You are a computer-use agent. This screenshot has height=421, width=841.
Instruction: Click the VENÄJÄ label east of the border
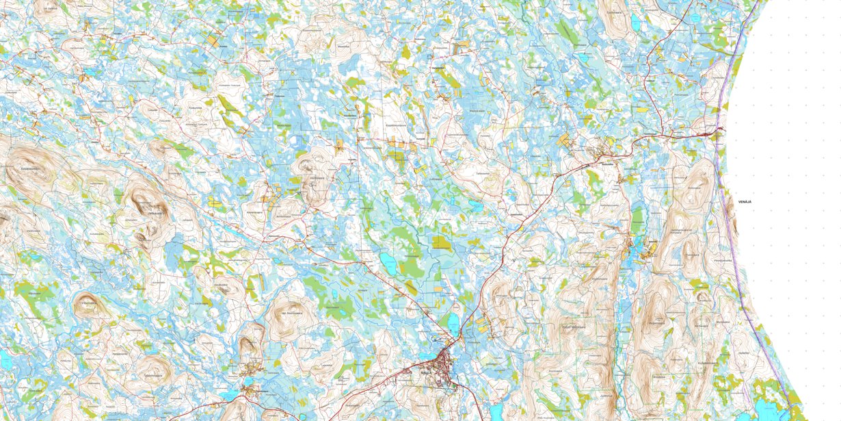745,202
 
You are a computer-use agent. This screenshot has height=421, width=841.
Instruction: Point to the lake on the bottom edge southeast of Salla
494,411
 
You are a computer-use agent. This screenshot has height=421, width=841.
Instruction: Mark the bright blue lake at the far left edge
4,360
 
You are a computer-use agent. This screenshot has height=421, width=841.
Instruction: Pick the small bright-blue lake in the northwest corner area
90,70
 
